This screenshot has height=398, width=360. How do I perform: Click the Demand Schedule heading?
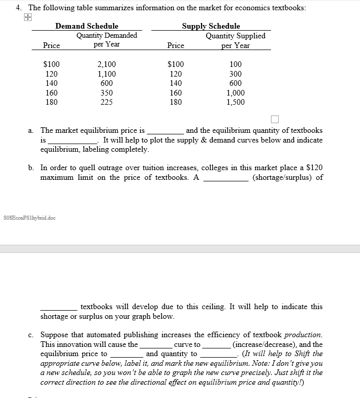pyautogui.click(x=86, y=26)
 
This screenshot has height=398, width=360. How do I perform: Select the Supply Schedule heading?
pyautogui.click(x=211, y=26)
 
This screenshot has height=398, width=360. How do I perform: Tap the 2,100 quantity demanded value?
pyautogui.click(x=106, y=64)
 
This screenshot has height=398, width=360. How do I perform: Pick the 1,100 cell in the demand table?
pyautogui.click(x=106, y=74)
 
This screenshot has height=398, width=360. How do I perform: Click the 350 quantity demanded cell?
pyautogui.click(x=106, y=93)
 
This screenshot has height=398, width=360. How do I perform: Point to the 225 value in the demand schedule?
pyautogui.click(x=106, y=102)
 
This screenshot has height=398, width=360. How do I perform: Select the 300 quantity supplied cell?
pyautogui.click(x=236, y=74)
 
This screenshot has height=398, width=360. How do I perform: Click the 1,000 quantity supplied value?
pyautogui.click(x=235, y=93)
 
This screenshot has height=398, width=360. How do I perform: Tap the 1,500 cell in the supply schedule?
pyautogui.click(x=235, y=102)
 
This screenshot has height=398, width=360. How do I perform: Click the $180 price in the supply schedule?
pyautogui.click(x=175, y=102)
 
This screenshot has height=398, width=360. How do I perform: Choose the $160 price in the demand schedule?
pyautogui.click(x=51, y=93)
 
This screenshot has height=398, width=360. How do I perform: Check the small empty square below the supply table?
pyautogui.click(x=275, y=120)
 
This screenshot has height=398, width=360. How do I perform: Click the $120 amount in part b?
pyautogui.click(x=314, y=168)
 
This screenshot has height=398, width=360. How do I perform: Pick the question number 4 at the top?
pyautogui.click(x=18, y=8)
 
